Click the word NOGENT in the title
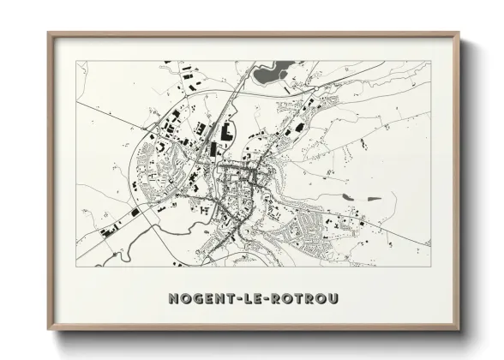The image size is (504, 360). (200, 299)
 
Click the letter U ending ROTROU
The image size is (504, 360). (333, 299)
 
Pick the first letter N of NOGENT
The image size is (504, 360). (174, 299)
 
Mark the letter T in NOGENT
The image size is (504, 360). (226, 299)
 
